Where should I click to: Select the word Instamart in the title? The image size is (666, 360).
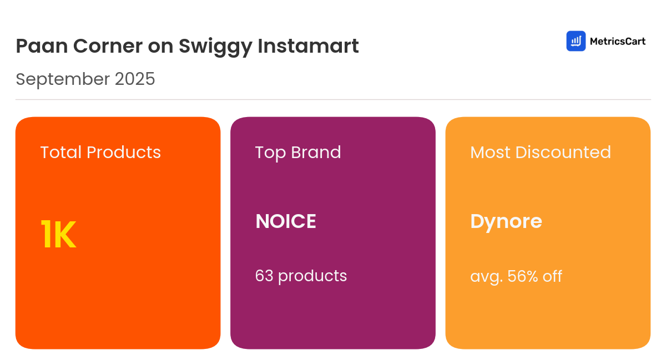click(308, 46)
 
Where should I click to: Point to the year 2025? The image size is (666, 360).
click(135, 79)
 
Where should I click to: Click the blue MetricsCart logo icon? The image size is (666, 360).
click(576, 41)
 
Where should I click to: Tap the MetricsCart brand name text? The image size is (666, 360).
click(617, 41)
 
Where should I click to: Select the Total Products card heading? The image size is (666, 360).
click(100, 152)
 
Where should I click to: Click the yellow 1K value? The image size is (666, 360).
click(58, 235)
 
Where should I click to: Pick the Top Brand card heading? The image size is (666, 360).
click(298, 152)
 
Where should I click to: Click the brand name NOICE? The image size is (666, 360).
click(286, 221)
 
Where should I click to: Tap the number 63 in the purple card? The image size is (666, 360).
click(264, 276)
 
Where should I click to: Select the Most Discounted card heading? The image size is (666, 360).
click(541, 152)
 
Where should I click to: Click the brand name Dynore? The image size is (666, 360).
click(506, 221)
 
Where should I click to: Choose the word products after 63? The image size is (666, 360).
click(312, 276)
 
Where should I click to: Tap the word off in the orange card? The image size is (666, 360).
click(553, 276)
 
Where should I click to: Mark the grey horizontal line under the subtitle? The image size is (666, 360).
click(333, 100)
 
